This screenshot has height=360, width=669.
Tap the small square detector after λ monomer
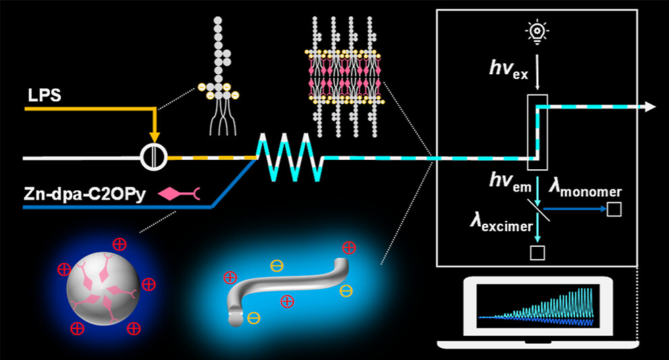(x=614, y=210)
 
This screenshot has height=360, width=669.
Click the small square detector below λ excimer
(x=537, y=253)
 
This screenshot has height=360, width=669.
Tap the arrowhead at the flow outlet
(x=649, y=106)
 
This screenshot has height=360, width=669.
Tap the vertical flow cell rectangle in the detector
(x=537, y=132)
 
